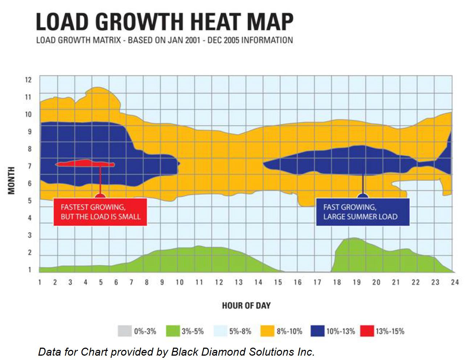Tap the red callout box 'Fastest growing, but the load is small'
(x=100, y=212)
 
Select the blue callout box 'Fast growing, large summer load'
(x=362, y=212)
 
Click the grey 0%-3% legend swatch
(x=124, y=331)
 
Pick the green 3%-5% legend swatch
(x=173, y=331)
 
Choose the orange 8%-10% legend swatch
(x=267, y=331)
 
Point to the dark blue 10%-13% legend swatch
(x=317, y=331)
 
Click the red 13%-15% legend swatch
(x=367, y=331)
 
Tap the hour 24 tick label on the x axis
(x=455, y=282)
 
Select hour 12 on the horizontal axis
(x=219, y=282)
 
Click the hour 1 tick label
(x=40, y=282)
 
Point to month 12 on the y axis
(x=28, y=80)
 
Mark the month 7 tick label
(x=30, y=166)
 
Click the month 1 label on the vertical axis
(x=30, y=270)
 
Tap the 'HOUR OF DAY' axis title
(x=246, y=306)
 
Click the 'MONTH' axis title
(x=12, y=180)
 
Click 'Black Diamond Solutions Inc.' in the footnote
(x=243, y=352)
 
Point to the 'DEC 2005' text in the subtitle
(x=223, y=40)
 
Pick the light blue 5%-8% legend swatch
(x=220, y=331)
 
